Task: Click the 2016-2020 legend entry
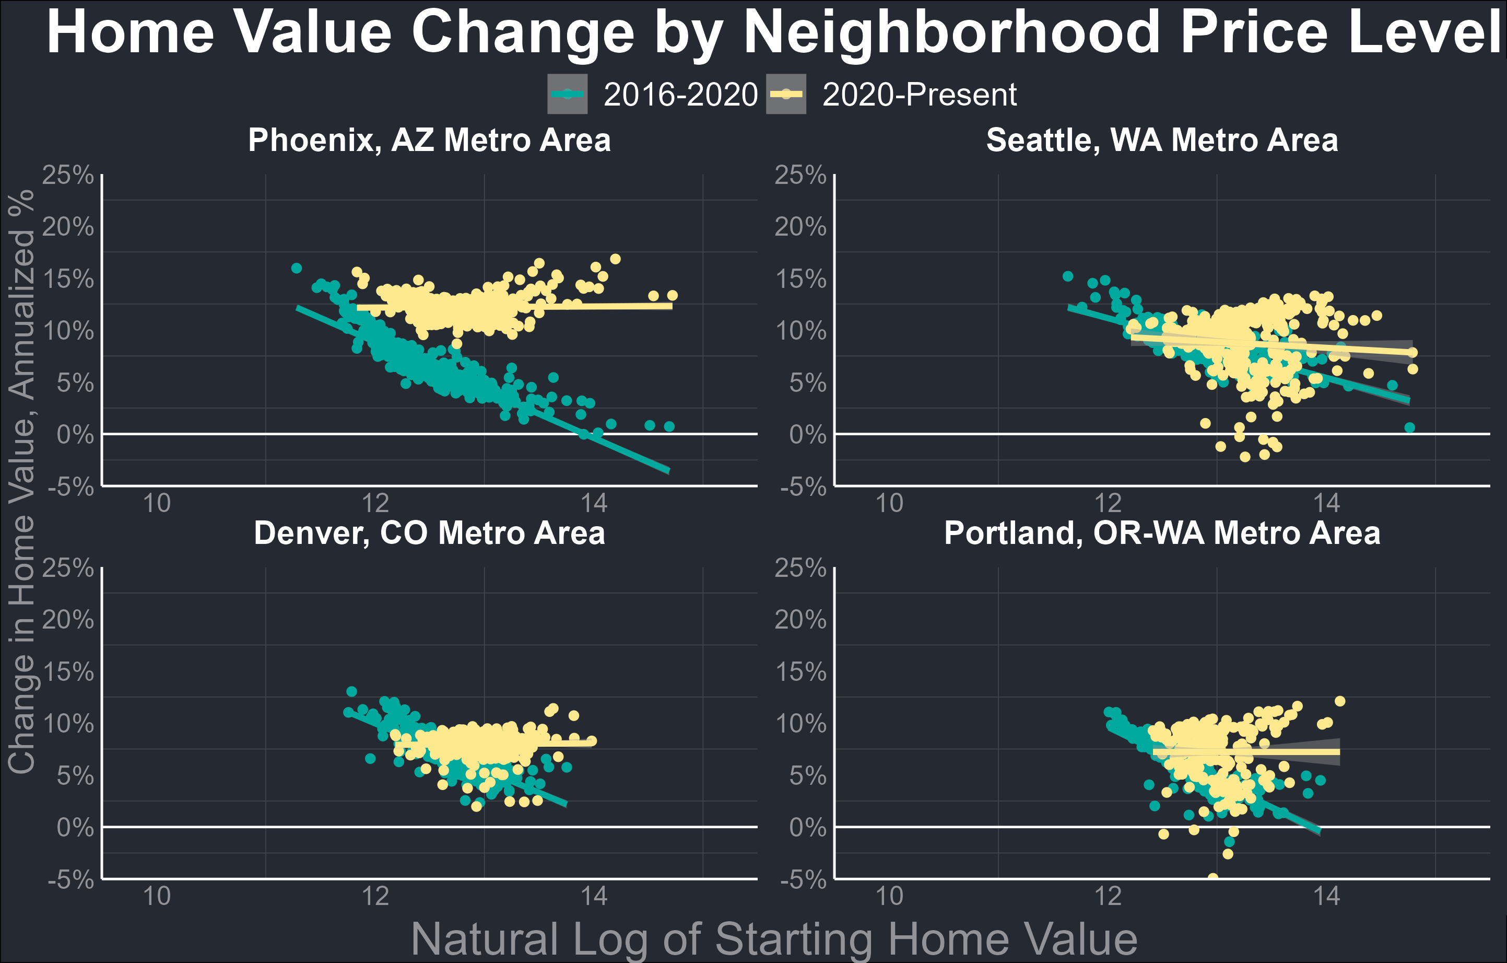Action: pos(653,95)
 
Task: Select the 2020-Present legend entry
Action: pos(892,95)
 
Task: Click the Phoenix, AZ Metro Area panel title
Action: pos(429,140)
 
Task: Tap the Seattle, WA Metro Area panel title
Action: pos(1162,140)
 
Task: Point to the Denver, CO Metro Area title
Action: pos(429,533)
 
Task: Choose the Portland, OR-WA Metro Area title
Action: pos(1162,533)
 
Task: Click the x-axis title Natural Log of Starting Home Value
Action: pos(774,938)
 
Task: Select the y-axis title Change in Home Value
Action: pos(21,482)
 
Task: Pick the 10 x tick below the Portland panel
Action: pos(889,896)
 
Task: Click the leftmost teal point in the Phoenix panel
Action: pos(297,268)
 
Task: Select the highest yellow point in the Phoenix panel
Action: pos(615,259)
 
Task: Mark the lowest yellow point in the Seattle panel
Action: pos(1245,457)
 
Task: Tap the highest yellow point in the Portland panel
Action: pos(1340,701)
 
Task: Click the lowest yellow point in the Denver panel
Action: pos(476,806)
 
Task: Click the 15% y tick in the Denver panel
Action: pos(67,672)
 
